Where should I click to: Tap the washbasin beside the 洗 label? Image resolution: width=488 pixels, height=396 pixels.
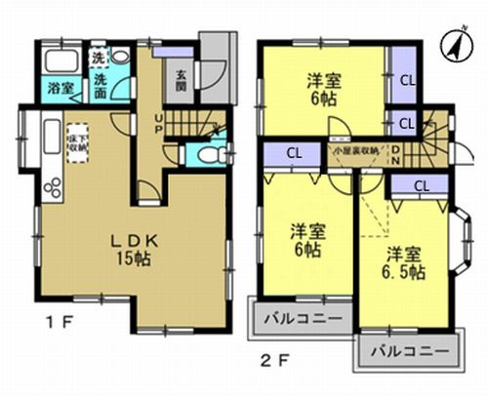[120, 57]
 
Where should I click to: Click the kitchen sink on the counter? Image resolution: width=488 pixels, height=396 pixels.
[50, 130]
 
